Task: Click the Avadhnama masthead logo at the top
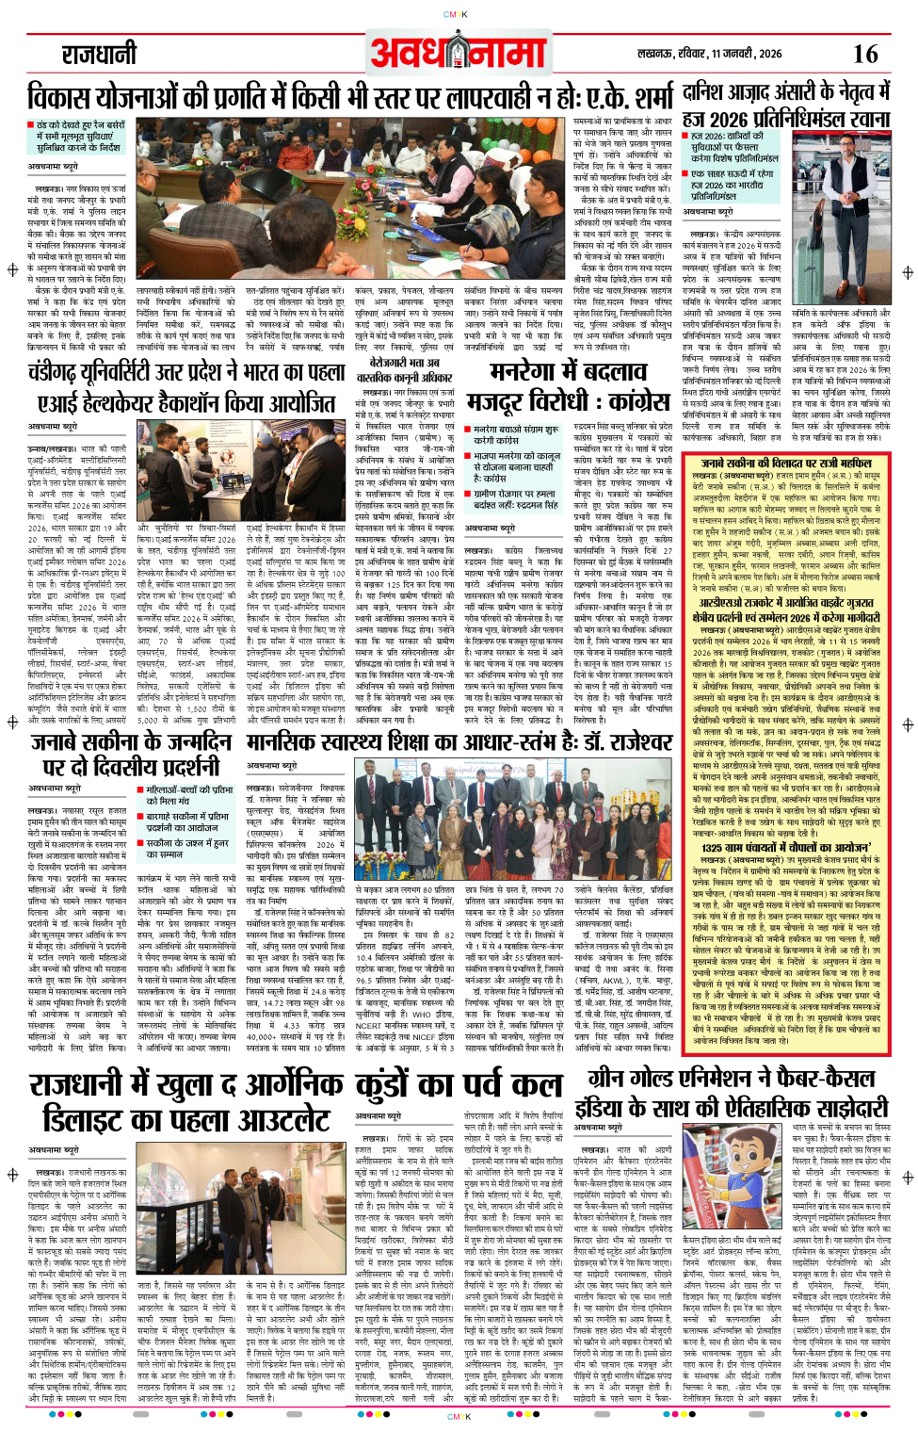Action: [459, 54]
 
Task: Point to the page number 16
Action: [864, 54]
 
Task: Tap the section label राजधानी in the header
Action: [99, 56]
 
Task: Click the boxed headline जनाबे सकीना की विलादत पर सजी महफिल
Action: [786, 463]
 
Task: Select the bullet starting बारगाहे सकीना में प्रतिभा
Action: [187, 821]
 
